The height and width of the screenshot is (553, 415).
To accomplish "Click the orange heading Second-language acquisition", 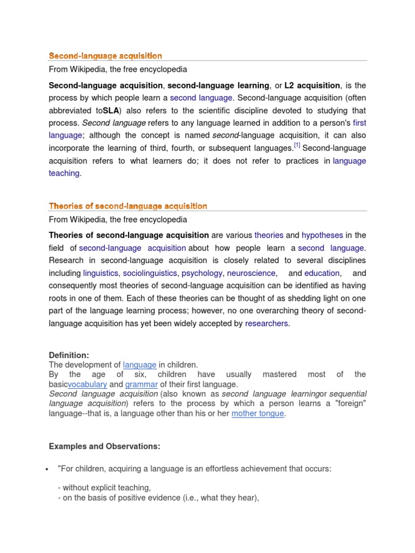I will [x=105, y=56].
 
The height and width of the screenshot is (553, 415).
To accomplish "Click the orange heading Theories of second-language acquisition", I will [x=128, y=206].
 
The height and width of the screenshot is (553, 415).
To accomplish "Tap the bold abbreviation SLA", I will [x=111, y=111].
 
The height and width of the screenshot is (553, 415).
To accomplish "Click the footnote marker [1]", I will [x=297, y=146].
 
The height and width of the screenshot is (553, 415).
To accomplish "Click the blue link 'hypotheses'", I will [x=322, y=235].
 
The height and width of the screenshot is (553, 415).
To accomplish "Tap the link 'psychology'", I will [x=202, y=273].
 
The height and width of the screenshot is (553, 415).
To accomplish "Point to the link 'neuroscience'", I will [x=251, y=273].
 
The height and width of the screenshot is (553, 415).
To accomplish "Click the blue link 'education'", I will [x=322, y=273].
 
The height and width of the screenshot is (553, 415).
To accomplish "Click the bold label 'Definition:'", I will [x=69, y=355].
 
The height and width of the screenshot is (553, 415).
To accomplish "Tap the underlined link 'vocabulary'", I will [x=88, y=385].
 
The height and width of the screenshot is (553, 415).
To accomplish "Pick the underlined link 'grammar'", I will [x=142, y=385].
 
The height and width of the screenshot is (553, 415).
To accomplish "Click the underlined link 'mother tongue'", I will [x=258, y=414].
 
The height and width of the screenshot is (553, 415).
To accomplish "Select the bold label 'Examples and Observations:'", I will [x=104, y=447].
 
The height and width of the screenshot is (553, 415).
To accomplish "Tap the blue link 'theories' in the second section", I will [x=269, y=235].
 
